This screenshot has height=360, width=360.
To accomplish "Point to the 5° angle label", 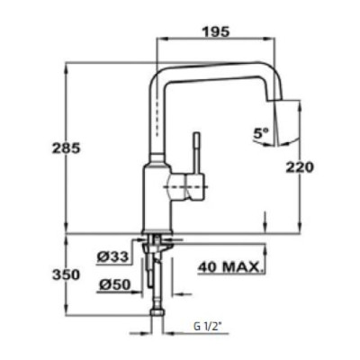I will click(x=261, y=133).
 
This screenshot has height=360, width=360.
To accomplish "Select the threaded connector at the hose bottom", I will click(x=161, y=317).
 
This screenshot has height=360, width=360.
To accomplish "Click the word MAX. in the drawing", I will click(x=243, y=267).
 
